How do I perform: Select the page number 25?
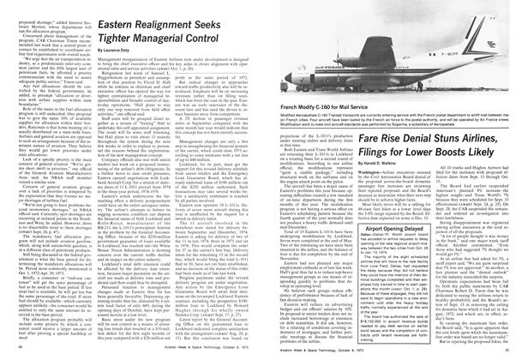point(507,351)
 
